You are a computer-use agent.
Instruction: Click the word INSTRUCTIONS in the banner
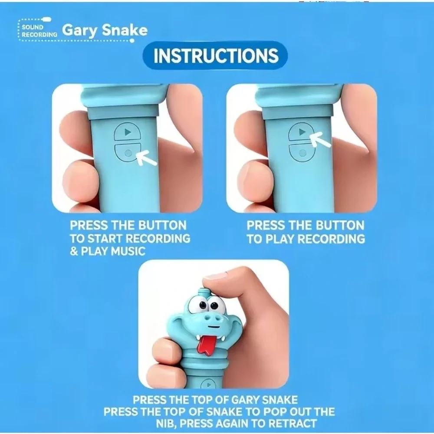pos(216,56)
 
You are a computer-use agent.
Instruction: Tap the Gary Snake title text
pos(105,30)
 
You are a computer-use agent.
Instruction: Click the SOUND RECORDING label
pos(39,31)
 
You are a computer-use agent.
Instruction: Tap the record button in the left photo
pos(128,152)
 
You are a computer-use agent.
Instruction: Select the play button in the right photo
pos(302,132)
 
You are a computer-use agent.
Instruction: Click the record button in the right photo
pos(302,152)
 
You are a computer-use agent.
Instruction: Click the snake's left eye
pos(203,305)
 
